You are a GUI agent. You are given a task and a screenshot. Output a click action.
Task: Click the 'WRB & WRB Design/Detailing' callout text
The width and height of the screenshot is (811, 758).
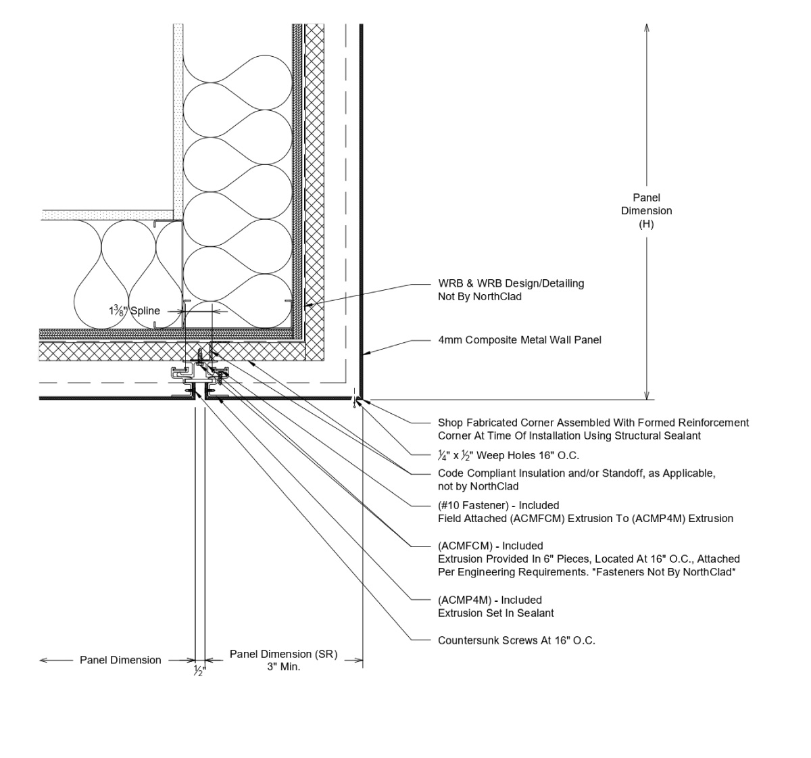(x=510, y=283)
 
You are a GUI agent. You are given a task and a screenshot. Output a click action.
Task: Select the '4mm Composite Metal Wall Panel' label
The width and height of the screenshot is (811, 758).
(x=519, y=340)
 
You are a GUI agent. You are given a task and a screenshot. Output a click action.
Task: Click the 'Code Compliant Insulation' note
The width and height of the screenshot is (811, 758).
(x=576, y=473)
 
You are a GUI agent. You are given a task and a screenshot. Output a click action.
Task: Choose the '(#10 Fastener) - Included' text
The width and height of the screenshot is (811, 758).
(x=498, y=505)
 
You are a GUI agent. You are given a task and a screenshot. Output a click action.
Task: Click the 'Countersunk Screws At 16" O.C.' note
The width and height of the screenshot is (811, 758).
(x=516, y=640)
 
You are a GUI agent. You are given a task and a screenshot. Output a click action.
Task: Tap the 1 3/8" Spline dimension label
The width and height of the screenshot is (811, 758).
(x=134, y=311)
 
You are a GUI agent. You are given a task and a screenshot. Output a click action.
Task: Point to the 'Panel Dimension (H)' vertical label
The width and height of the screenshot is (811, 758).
(x=647, y=210)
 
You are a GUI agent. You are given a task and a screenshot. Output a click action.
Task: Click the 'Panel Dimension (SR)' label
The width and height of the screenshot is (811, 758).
(x=283, y=655)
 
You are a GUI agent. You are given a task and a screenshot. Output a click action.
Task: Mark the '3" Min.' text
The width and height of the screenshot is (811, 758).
(x=283, y=667)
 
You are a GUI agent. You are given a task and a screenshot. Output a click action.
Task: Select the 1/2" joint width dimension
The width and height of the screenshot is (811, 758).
(x=199, y=671)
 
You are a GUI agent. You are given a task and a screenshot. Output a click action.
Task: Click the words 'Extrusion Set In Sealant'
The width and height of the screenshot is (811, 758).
(x=495, y=613)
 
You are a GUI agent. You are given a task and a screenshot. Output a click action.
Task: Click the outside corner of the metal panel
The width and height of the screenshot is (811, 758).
(x=361, y=398)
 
